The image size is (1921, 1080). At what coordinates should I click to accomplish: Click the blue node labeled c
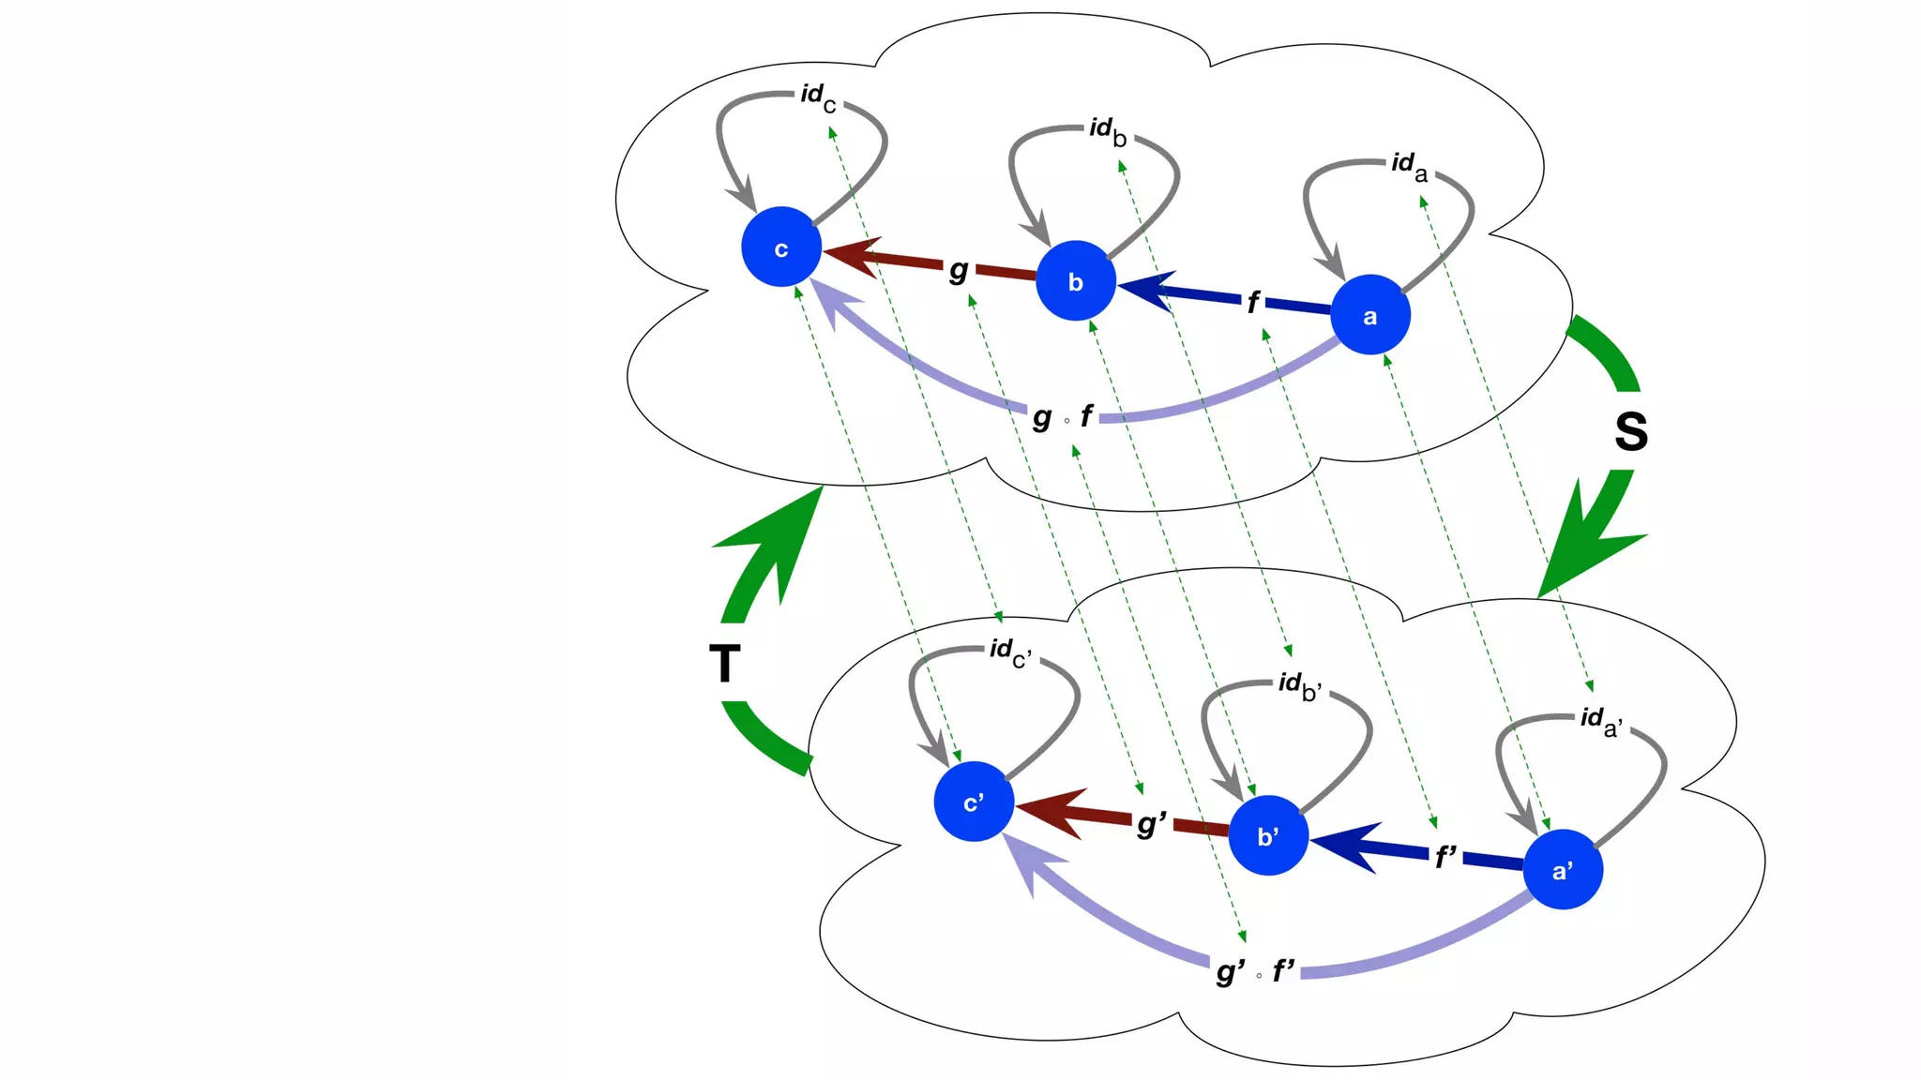coord(781,247)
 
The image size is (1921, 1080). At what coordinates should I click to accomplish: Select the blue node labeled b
coord(1075,281)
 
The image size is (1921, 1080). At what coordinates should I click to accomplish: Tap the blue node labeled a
coord(1369,315)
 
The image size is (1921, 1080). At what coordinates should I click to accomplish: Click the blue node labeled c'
coord(974,802)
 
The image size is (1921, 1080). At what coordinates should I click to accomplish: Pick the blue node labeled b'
coord(1268,835)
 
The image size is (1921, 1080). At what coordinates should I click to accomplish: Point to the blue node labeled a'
coord(1563,869)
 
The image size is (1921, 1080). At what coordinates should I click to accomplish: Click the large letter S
coord(1631,432)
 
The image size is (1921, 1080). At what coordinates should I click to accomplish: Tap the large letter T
coord(724,664)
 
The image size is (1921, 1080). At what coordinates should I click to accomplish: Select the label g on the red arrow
coord(958,270)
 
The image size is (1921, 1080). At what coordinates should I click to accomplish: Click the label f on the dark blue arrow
coord(1253,302)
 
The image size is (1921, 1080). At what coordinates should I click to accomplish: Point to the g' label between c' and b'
coord(1151,824)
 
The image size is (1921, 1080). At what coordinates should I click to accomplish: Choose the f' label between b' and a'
coord(1445,856)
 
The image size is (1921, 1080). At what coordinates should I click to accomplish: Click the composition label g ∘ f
coord(1063,416)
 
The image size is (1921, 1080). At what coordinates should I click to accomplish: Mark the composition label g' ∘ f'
coord(1255,971)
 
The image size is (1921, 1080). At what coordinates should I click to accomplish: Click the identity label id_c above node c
coord(817,97)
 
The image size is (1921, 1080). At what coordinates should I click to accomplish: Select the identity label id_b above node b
coord(1108,130)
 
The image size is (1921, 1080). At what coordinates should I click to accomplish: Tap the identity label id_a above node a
coord(1409,166)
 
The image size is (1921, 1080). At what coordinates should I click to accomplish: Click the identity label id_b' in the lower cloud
coord(1300,685)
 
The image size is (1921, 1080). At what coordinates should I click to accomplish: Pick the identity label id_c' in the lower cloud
coord(1010,652)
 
